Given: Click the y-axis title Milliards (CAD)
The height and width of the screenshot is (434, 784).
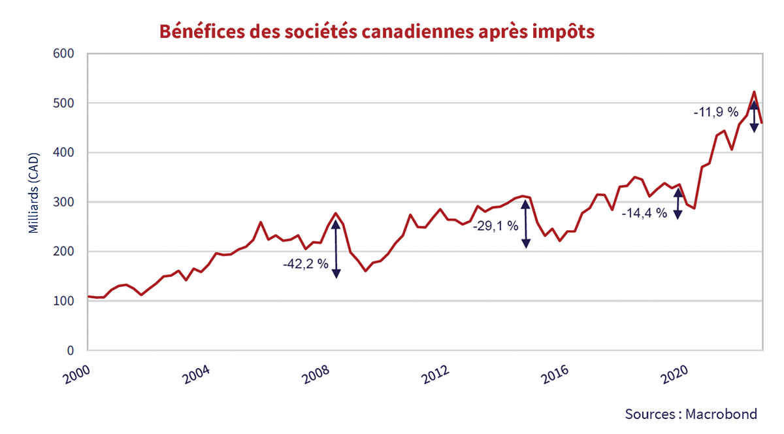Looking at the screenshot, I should (34, 193).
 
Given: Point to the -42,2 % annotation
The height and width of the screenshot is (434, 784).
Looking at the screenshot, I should (305, 265).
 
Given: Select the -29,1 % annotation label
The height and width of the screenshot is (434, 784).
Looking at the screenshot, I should (495, 226).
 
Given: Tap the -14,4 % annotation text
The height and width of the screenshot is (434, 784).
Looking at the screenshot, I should (644, 213).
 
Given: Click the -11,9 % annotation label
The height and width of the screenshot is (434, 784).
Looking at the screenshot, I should (715, 112).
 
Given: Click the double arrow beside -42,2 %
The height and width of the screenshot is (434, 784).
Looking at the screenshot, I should (336, 248).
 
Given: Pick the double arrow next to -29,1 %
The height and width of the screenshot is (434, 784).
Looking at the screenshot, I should (525, 224).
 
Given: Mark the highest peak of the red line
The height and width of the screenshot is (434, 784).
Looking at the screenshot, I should (754, 92).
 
